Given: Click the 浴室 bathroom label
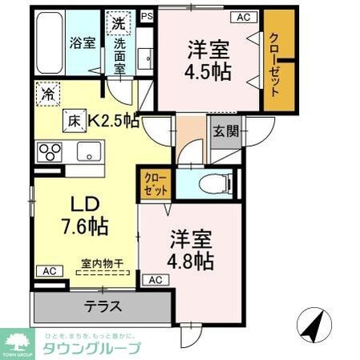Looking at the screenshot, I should click(x=83, y=43).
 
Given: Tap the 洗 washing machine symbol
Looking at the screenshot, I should click(x=119, y=24).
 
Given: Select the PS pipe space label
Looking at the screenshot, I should click(x=146, y=15).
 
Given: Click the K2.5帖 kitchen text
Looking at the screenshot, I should click(x=113, y=122).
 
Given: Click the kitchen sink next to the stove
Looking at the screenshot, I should click(x=84, y=151).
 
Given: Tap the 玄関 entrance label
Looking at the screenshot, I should click(x=224, y=131).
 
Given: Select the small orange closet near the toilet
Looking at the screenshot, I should click(x=156, y=185).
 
